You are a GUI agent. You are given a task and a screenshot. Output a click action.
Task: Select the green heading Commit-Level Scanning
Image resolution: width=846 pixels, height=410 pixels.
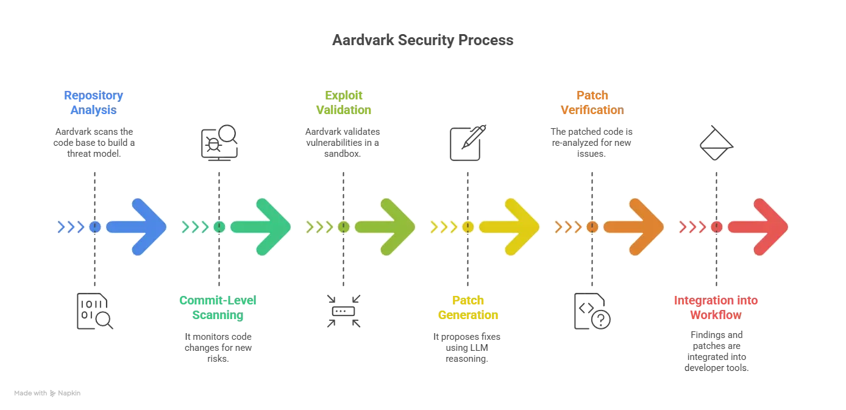coord(218,308)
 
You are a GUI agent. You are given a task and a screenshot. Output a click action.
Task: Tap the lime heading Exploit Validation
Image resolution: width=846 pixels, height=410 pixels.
coord(344,103)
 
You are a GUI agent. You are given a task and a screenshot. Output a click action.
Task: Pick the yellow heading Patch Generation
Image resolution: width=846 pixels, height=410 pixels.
coord(468,308)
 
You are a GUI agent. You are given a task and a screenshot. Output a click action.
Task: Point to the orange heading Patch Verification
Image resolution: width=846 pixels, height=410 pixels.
coord(592,103)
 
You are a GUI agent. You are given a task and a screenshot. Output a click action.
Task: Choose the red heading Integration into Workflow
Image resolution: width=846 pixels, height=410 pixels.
coord(716,308)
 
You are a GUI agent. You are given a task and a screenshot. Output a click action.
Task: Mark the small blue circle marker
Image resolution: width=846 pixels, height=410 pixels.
coord(94,227)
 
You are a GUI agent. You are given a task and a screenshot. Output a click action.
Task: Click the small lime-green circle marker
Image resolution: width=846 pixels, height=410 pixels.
coord(344,227)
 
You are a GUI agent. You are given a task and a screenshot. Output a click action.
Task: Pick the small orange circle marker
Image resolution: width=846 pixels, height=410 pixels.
coord(592,227)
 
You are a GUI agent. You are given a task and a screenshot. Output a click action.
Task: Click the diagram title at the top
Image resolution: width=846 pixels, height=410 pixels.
coord(424,41)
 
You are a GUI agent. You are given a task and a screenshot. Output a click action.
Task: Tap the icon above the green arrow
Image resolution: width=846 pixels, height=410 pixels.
coord(219,142)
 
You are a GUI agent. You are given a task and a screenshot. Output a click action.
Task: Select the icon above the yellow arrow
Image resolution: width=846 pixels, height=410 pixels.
coord(468,142)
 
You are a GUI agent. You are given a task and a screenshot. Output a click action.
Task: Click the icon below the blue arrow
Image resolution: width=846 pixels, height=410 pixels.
coord(94,312)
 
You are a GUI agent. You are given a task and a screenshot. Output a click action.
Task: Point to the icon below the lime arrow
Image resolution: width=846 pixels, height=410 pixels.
coord(344,312)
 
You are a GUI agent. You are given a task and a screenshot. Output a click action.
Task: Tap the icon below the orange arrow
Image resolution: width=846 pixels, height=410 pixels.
coord(592,312)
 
